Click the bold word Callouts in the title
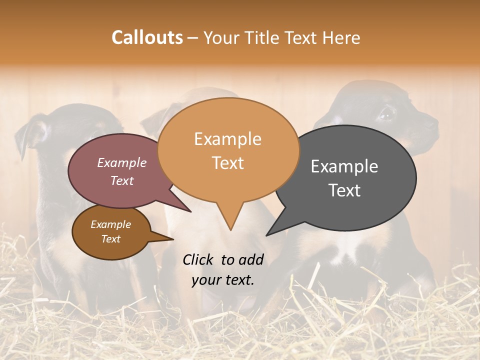(x=147, y=37)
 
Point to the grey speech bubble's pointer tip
(x=267, y=234)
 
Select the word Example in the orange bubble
(x=227, y=139)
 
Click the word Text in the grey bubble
(x=344, y=190)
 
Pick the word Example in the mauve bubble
(x=122, y=163)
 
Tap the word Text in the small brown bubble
(x=110, y=239)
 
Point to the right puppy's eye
(x=385, y=115)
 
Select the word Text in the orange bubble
(x=228, y=163)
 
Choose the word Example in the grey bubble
(x=344, y=166)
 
